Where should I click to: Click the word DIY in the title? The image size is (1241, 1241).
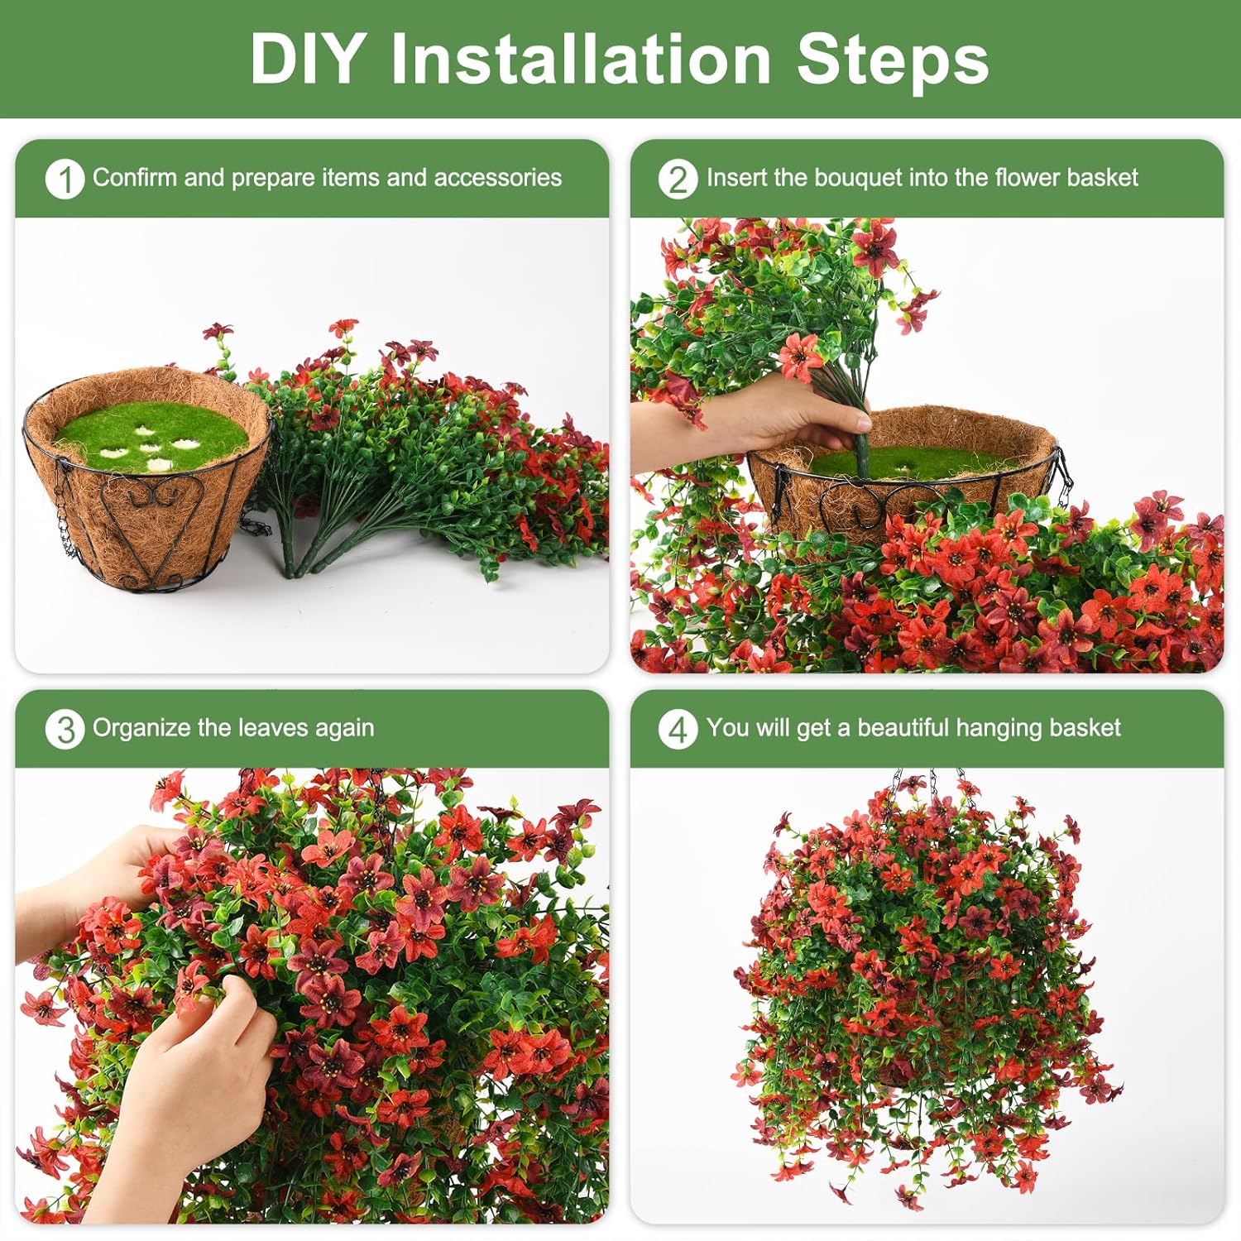[x=306, y=60]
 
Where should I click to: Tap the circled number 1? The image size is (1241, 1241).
[x=65, y=179]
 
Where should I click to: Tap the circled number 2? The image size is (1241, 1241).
[x=678, y=179]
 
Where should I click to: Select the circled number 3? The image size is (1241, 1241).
[x=65, y=730]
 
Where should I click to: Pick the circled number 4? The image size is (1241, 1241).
[x=678, y=730]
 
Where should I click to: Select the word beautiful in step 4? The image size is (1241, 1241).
[x=903, y=728]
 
